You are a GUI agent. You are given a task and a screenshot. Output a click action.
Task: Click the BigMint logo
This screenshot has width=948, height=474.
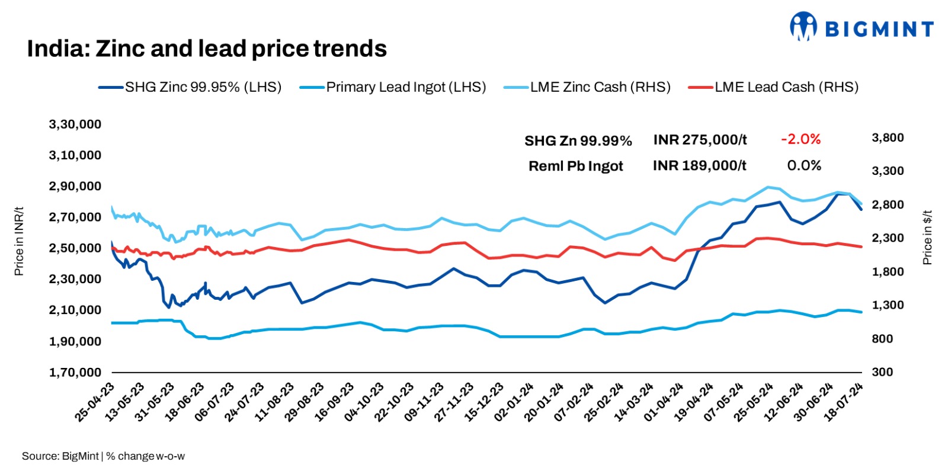point(862,27)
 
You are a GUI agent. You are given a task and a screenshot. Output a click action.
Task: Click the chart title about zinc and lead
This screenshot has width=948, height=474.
point(207,49)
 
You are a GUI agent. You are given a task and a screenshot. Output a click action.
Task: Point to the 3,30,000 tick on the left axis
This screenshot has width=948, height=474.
point(75,124)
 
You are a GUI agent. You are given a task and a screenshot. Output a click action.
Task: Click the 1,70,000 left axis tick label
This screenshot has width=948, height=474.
point(75,372)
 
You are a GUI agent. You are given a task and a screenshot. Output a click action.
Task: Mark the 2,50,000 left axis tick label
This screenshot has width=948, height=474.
point(75,248)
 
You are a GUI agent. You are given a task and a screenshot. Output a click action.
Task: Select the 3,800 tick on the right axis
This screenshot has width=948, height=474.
point(888,137)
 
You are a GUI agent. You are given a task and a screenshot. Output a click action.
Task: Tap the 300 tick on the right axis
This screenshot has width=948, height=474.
point(882,372)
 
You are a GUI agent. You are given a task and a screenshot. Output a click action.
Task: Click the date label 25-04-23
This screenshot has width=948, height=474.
point(95,402)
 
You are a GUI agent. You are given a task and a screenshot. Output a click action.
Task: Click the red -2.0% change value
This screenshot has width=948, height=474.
point(800,139)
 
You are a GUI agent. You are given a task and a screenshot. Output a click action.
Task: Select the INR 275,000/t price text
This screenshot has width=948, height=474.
point(700,140)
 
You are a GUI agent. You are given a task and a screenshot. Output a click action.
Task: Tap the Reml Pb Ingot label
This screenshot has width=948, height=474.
point(575,166)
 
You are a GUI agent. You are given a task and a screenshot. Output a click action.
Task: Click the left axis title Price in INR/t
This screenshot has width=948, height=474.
point(19,241)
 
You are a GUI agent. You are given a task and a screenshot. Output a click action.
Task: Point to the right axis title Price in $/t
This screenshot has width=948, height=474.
point(927,237)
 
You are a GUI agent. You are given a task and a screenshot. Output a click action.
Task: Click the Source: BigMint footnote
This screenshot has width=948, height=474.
point(103,456)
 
